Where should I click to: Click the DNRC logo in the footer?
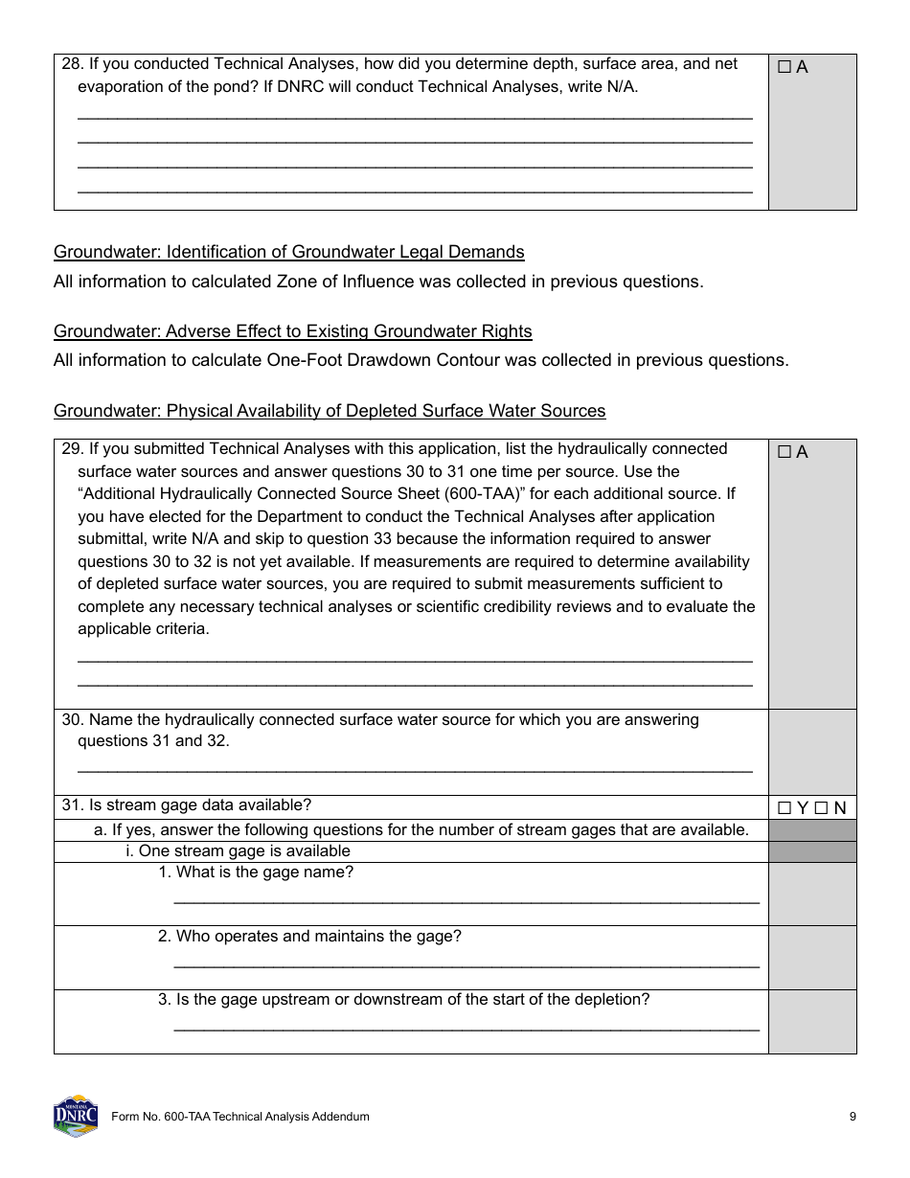coord(76,1116)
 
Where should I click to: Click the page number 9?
coord(853,1117)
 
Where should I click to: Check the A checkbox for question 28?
coord(785,68)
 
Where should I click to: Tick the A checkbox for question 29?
coord(785,453)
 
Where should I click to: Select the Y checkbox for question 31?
coord(785,808)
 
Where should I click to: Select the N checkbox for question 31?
coord(821,808)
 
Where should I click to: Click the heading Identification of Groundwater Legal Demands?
coord(288,252)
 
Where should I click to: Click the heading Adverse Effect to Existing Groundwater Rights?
coord(292,331)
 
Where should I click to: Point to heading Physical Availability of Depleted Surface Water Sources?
coord(330,411)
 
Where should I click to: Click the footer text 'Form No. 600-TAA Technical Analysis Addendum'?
coord(240,1117)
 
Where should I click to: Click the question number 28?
coord(72,64)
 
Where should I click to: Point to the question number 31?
coord(72,805)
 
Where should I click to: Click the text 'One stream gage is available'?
coord(244,851)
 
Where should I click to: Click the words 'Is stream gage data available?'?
coord(200,805)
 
